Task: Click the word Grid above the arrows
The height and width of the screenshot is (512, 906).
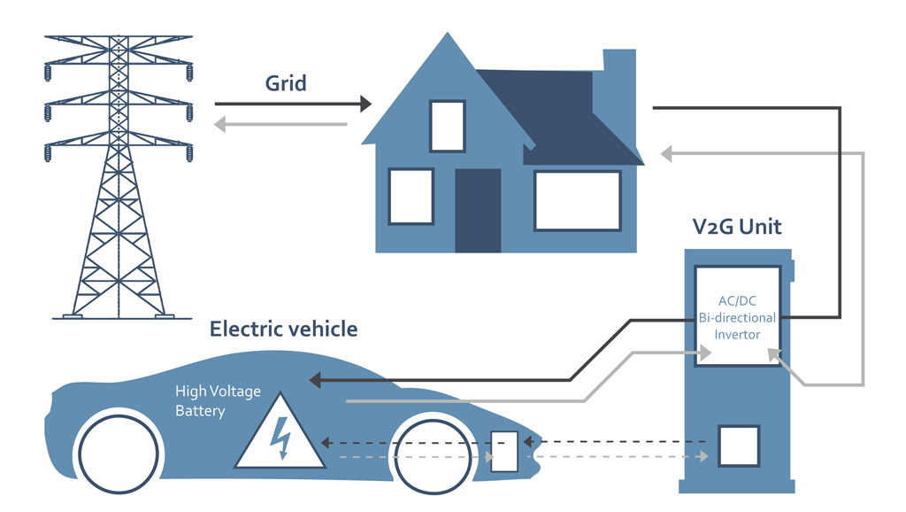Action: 286,83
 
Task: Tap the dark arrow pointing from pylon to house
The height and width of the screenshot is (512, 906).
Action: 292,105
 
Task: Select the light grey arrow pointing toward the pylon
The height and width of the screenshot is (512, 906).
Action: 281,125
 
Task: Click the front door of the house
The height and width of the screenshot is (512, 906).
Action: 478,210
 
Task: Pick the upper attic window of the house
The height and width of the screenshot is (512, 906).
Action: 447,126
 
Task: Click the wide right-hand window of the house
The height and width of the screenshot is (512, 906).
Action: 577,201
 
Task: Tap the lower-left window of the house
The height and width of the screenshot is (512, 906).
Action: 411,196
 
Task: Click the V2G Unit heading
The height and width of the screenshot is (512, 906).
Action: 736,227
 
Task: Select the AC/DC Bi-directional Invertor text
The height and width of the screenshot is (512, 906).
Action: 736,317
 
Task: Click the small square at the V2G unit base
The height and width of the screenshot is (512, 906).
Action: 738,447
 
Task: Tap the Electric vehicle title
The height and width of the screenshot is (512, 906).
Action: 283,330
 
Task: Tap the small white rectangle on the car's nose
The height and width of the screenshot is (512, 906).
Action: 504,451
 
